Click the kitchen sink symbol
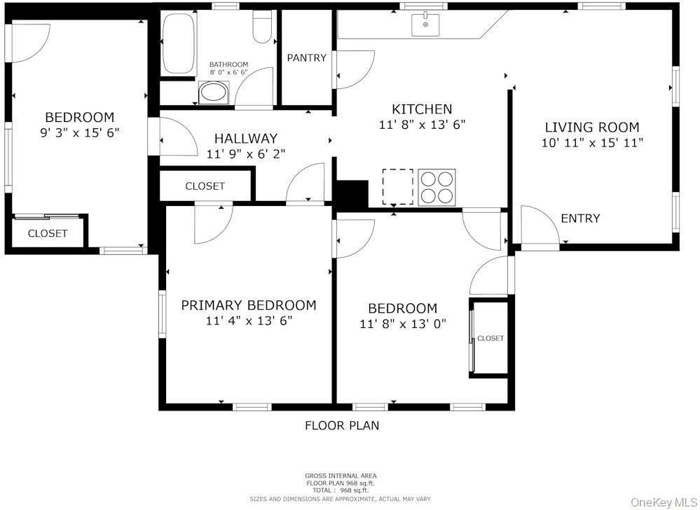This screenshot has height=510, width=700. pos(425,25)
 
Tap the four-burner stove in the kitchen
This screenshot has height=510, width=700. pos(437,187)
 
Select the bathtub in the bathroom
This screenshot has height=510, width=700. pos(180,43)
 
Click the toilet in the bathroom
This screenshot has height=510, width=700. pos(263,28)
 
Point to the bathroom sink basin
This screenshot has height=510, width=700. pos(214,92)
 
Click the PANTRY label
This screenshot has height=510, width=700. pos(307,57)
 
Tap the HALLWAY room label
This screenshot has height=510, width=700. pos(245,139)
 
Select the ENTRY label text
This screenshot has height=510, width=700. pos(580,219)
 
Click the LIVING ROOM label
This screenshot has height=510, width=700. pos(592,127)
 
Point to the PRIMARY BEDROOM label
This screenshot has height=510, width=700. pos(248,305)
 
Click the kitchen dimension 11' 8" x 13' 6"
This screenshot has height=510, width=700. pos(422,125)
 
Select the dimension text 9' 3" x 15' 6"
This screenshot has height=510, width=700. pos(79,132)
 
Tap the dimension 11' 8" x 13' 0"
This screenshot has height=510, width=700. pos(403,324)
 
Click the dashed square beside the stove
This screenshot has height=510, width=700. pos(397,186)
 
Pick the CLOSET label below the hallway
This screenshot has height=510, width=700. pos(205,186)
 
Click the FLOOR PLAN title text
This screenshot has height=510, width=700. pos(342,425)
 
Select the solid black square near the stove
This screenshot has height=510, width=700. pos(352,193)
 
